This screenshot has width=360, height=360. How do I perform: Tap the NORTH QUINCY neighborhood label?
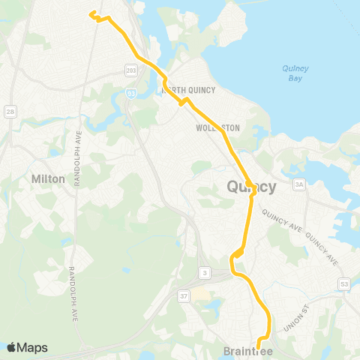tap(189, 91)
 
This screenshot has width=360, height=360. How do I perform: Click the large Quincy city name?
tap(251, 186)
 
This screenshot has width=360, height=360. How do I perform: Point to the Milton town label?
tap(49, 179)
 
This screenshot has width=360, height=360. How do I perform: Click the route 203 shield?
tap(131, 70)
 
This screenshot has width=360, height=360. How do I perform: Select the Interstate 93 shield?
tap(131, 94)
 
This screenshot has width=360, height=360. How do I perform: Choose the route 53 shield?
tap(344, 284)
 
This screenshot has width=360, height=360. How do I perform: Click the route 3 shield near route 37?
tap(204, 271)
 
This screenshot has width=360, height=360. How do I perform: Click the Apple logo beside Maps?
tap(11, 347)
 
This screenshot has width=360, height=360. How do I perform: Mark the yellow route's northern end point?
tap(92, 13)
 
